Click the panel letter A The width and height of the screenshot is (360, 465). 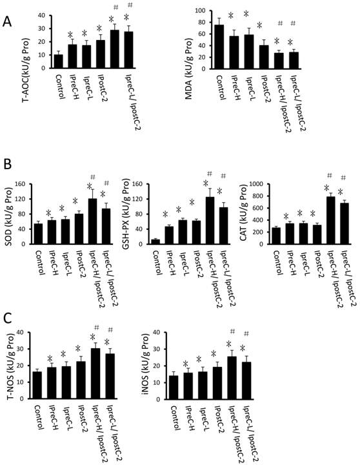pyautogui.click(x=7, y=21)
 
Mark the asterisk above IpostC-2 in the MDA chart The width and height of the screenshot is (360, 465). pyautogui.click(x=259, y=26)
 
